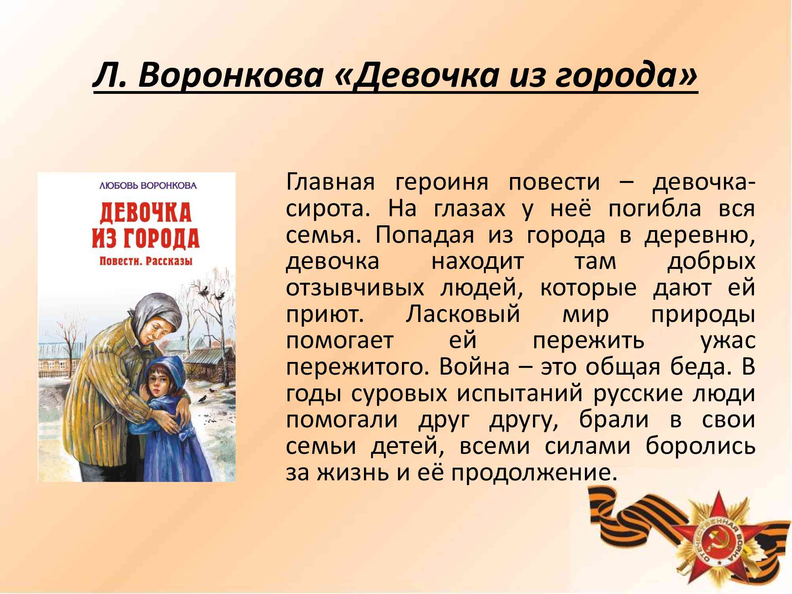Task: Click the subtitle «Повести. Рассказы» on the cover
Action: click(x=146, y=261)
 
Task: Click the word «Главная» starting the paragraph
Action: click(x=330, y=182)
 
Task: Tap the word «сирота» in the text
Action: click(x=327, y=209)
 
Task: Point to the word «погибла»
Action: click(x=654, y=209)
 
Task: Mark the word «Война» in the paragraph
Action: click(x=474, y=367)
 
